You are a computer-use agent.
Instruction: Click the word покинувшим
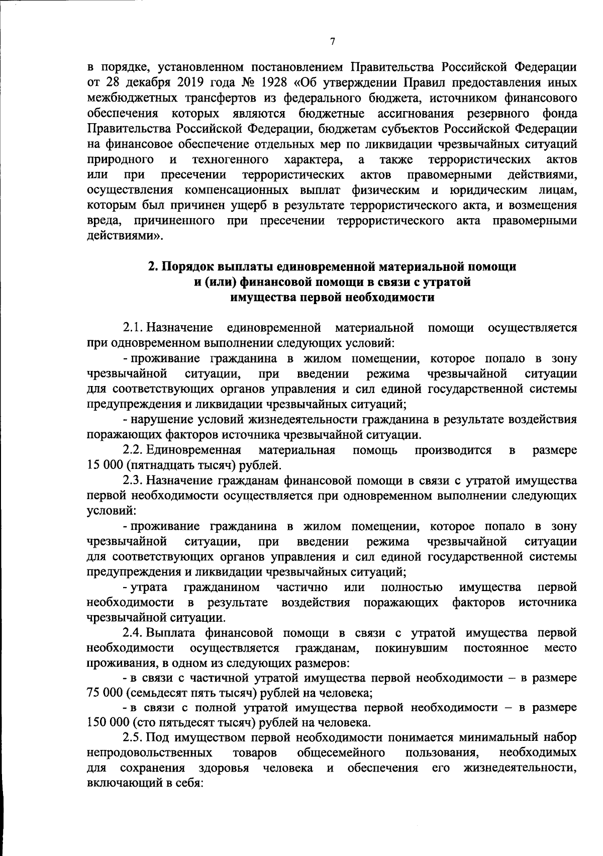(x=411, y=648)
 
